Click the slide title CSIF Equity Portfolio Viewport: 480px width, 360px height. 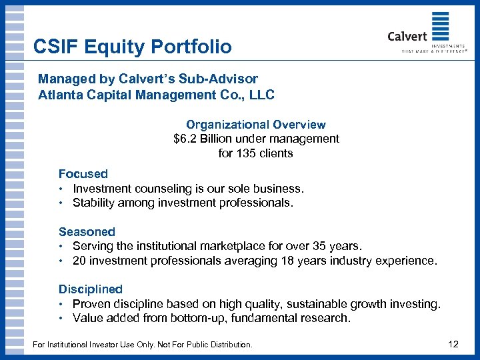tap(133, 47)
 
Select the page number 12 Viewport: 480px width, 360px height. tap(453, 345)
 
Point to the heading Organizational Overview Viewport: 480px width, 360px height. tap(256, 125)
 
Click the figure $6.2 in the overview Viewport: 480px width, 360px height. tap(186, 139)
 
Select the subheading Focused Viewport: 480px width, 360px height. tap(83, 174)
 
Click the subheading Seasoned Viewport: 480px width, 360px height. tap(87, 232)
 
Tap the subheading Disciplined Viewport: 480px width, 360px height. tap(91, 289)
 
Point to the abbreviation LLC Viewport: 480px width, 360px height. tap(261, 95)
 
